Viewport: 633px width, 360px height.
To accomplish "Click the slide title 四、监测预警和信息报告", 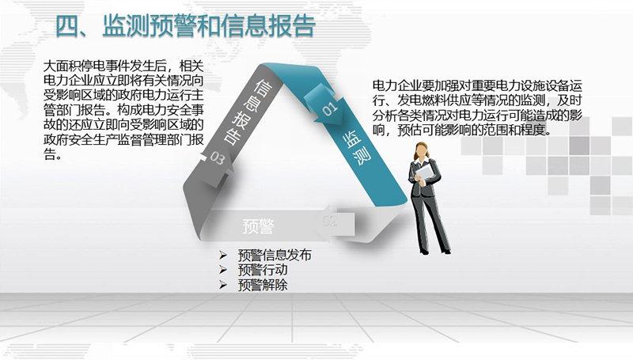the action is click(185, 26).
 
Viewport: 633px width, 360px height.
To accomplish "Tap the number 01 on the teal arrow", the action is click(329, 108).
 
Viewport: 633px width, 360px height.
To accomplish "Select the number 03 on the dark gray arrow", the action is click(217, 157).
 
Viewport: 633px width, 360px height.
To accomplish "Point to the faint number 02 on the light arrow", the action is click(330, 221).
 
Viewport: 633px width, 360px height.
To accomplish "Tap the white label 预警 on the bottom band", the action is click(259, 226).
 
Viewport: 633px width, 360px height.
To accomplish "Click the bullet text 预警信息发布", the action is click(275, 255).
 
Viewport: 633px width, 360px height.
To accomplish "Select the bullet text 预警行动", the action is click(263, 270).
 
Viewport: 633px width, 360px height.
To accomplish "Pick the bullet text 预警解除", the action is click(263, 285).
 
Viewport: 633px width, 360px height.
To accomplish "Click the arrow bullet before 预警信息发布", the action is click(223, 255).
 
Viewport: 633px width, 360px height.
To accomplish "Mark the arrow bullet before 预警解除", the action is click(223, 285).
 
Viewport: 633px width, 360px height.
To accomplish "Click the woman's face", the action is click(422, 151).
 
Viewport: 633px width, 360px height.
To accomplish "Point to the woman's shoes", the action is click(435, 251).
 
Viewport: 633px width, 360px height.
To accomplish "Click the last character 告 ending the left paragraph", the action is click(50, 154).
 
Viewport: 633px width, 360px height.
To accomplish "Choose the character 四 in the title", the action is click(66, 27).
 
